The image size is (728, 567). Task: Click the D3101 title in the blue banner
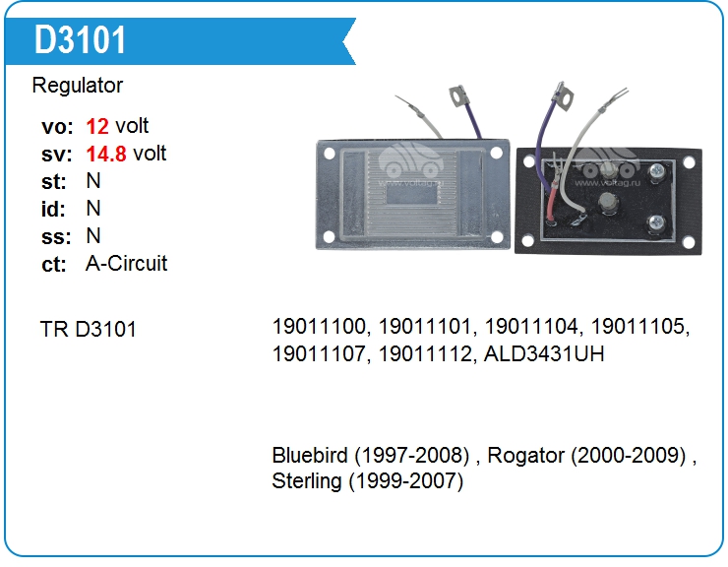click(80, 40)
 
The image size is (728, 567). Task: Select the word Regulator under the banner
click(78, 86)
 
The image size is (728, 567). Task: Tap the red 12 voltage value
click(97, 126)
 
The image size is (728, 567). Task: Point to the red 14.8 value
click(106, 154)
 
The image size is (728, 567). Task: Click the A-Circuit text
click(126, 264)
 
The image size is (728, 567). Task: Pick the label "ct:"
click(54, 265)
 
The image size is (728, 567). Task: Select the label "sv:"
click(57, 155)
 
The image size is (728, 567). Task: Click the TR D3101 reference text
click(89, 330)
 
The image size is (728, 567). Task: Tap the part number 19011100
click(321, 327)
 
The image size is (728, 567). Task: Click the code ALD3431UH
click(544, 354)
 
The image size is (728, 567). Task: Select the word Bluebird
click(310, 455)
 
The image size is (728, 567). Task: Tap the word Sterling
click(306, 481)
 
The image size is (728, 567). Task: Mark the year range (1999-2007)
click(406, 481)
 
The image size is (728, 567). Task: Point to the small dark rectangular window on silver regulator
click(412, 195)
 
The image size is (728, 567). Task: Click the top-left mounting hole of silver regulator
click(330, 154)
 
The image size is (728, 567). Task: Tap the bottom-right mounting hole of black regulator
click(689, 242)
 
